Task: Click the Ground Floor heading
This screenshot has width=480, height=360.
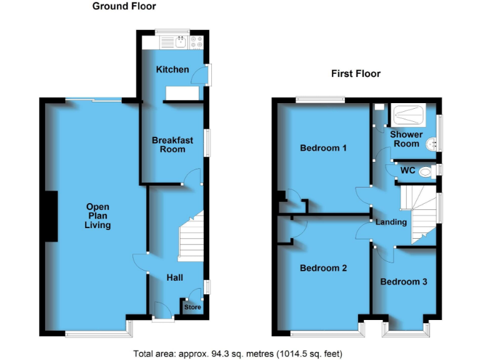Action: pyautogui.click(x=124, y=6)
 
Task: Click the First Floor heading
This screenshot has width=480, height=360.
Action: pyautogui.click(x=356, y=74)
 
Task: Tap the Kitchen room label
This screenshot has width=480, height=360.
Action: pyautogui.click(x=172, y=69)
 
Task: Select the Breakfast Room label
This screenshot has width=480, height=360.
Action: pyautogui.click(x=172, y=145)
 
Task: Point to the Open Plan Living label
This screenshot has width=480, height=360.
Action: pyautogui.click(x=98, y=216)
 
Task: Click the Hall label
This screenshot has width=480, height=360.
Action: pyautogui.click(x=175, y=277)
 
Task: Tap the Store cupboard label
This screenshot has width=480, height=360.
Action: pyautogui.click(x=192, y=307)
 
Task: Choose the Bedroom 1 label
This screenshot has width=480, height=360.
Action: pyautogui.click(x=324, y=148)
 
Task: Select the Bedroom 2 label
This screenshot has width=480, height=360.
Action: pyautogui.click(x=323, y=268)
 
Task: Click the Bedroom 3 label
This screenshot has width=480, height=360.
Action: pyautogui.click(x=404, y=281)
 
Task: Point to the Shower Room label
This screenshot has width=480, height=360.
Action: pyautogui.click(x=406, y=139)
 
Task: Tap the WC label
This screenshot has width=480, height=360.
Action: pyautogui.click(x=407, y=170)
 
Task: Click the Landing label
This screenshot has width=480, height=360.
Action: pyautogui.click(x=391, y=222)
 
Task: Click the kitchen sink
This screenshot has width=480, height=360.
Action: pyautogui.click(x=180, y=42)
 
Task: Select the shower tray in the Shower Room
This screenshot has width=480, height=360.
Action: pyautogui.click(x=409, y=116)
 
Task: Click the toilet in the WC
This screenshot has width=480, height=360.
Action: pyautogui.click(x=426, y=171)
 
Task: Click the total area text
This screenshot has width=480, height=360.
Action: pyautogui.click(x=238, y=354)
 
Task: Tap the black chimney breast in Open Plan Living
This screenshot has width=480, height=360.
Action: pyautogui.click(x=50, y=216)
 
